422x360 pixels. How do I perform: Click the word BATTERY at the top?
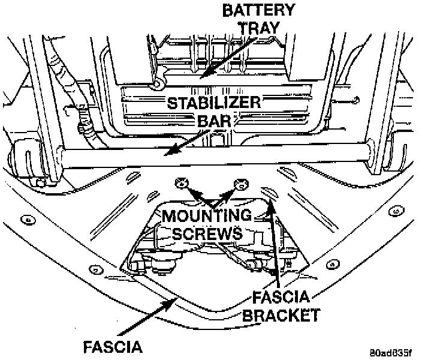(x=258, y=10)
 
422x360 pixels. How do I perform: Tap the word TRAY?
(x=259, y=28)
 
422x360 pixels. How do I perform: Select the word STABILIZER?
(x=214, y=103)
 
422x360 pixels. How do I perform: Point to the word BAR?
(x=214, y=121)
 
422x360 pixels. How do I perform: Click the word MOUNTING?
(x=207, y=215)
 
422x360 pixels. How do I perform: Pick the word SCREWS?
(x=207, y=233)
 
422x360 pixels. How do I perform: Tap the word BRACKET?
(x=282, y=315)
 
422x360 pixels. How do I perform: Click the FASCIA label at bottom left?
(x=113, y=347)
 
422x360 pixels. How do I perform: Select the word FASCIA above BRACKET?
(x=281, y=296)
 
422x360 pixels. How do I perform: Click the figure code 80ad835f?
(x=391, y=352)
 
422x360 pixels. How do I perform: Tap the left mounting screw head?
(x=182, y=184)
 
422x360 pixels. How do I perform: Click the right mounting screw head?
(x=242, y=185)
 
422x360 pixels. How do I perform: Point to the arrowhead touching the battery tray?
(x=207, y=72)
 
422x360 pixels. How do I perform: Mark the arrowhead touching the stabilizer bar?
(x=171, y=150)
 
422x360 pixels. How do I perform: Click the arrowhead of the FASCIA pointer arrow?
(x=170, y=304)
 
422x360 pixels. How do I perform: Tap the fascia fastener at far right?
(x=396, y=211)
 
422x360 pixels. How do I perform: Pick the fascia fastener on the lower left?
(x=96, y=269)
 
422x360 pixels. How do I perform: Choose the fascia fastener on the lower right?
(x=333, y=265)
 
